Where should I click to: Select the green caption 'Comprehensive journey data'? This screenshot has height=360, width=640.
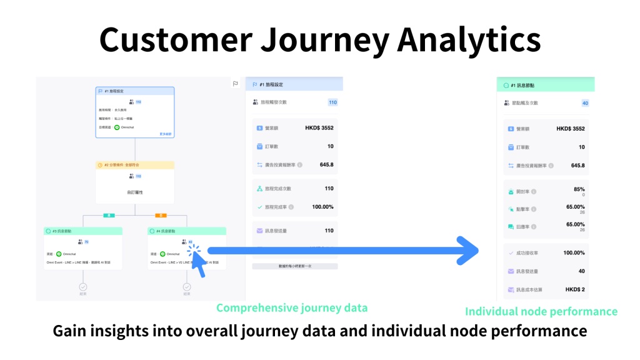pos(292,307)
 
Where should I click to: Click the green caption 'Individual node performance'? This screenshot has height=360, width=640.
pos(541,311)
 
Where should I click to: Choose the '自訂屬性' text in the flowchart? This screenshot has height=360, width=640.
pos(135,192)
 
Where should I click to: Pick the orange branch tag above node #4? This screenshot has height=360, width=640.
pos(161,215)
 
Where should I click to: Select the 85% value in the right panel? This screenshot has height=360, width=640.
pos(579,189)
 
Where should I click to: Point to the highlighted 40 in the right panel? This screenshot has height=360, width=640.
pos(585,103)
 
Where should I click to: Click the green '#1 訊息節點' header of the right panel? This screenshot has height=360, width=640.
pos(544,85)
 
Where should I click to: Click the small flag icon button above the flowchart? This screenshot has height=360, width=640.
pos(236,84)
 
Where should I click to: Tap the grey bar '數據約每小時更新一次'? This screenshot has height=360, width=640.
pos(294,266)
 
